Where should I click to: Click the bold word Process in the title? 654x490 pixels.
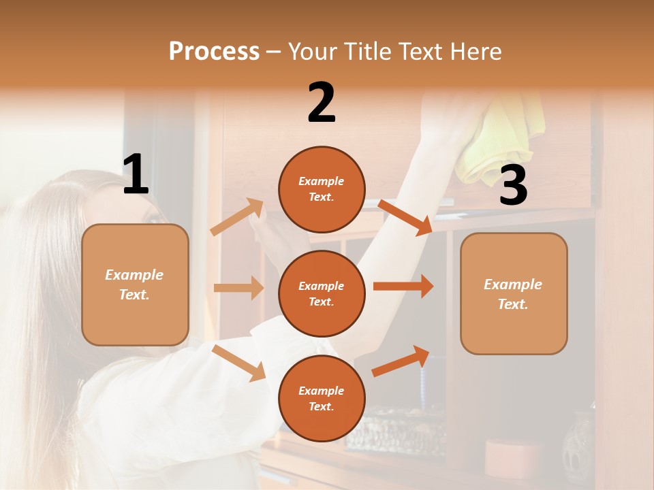(214, 51)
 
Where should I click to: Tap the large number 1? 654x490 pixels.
(136, 174)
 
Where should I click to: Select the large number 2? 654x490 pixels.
(322, 103)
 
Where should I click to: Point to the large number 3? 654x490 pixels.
(513, 186)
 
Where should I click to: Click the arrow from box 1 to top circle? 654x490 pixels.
(237, 217)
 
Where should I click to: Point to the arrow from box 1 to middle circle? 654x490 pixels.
(238, 288)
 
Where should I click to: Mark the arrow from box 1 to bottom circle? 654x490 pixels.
(239, 363)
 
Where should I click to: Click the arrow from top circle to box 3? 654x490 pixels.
(405, 217)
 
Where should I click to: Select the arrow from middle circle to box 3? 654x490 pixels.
(403, 287)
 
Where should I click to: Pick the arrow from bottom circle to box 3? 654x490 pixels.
(401, 361)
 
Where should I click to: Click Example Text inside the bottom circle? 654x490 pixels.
(322, 399)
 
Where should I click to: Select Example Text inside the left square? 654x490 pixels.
(135, 284)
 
